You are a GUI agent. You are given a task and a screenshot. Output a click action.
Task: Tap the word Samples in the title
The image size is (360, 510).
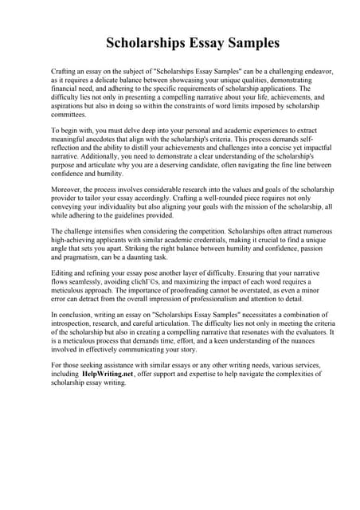click(247, 41)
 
